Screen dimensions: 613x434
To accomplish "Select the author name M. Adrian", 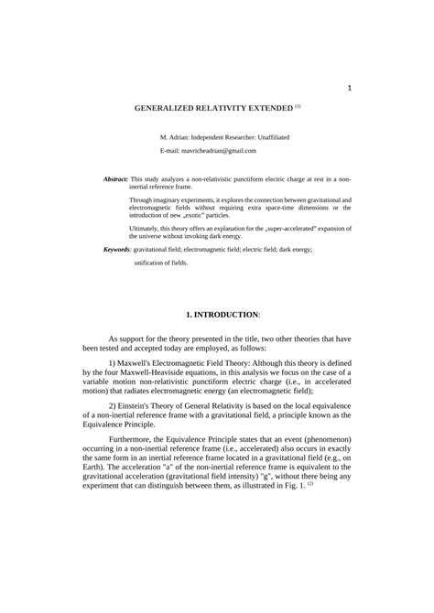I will coord(175,136).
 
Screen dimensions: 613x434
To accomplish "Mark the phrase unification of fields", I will coord(161,263).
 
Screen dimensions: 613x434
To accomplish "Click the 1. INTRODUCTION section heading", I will coord(222,315).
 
